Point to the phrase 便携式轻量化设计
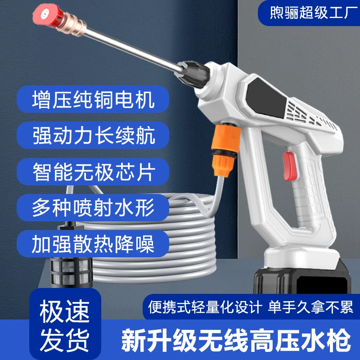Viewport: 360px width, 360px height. click(x=205, y=308)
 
